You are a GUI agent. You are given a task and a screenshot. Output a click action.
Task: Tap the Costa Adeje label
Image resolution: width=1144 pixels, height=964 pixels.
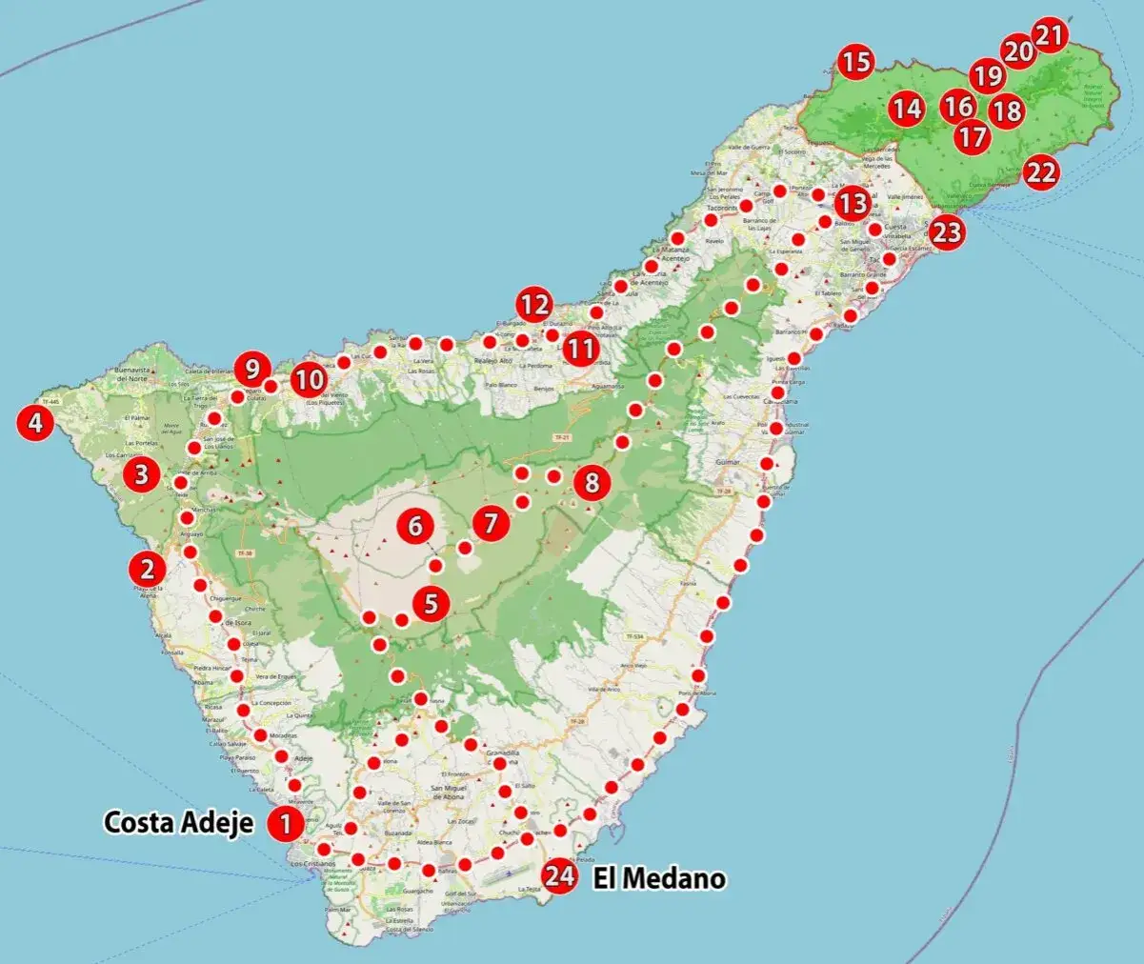point(178,822)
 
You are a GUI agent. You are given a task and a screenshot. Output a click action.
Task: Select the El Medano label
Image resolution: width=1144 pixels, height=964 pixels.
point(659,878)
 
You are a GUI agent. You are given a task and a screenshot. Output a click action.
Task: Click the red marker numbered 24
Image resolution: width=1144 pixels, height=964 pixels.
point(560,877)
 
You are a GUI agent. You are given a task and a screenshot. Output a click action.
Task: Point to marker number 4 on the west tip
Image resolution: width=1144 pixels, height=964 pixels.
point(35,422)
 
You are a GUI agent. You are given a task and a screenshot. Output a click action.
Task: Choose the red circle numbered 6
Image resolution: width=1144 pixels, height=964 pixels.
point(414,525)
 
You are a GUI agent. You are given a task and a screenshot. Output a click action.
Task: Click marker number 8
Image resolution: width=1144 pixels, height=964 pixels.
point(592,483)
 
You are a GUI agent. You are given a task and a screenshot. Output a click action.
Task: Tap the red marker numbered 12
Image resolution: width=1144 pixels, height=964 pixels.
point(534,306)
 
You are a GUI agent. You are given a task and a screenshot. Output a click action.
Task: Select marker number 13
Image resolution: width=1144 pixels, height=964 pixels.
point(853,204)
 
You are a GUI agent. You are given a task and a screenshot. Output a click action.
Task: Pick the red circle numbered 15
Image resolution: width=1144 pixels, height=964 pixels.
point(856,63)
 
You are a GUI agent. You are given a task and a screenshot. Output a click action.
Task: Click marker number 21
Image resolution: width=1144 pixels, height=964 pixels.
point(1050,35)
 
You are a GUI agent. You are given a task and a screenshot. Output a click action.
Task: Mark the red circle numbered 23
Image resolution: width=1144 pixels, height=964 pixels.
point(947,232)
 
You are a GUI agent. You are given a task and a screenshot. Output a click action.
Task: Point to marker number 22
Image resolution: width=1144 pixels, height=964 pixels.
point(1041,173)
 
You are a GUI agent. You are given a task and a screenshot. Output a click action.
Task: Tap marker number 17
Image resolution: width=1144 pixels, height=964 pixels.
point(973,137)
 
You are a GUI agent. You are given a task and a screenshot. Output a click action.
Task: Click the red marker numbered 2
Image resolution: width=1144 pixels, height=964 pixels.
point(148,570)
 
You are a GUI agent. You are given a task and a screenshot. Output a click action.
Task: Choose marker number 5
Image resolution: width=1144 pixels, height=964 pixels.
point(432,603)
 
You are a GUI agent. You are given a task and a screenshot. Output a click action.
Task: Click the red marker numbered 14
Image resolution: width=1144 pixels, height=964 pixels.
point(907,110)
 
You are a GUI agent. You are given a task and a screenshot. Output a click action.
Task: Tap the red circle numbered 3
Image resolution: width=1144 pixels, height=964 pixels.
point(142,473)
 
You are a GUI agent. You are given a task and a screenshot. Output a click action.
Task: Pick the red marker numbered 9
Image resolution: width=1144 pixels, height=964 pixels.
point(252,367)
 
